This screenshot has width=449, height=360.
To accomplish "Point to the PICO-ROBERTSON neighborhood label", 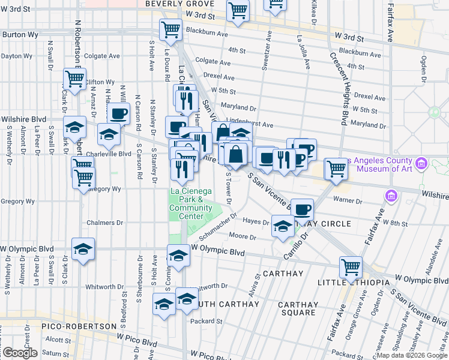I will point(79,326).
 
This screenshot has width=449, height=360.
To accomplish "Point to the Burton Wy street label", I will point(20,35).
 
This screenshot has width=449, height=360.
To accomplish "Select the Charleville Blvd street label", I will point(108,153).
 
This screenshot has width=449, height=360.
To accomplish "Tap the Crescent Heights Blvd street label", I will point(338,88).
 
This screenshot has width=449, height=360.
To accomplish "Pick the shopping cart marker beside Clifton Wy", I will point(74,78).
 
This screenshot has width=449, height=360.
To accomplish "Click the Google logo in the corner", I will point(20,353).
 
